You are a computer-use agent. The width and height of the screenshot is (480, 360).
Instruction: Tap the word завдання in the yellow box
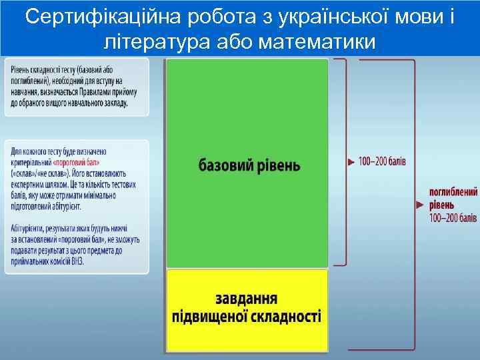247,297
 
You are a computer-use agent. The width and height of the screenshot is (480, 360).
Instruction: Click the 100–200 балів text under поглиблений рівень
453,217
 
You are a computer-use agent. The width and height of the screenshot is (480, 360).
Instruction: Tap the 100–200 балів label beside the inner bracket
383,161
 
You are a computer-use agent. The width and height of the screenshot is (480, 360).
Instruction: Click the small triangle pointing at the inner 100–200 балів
351,161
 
